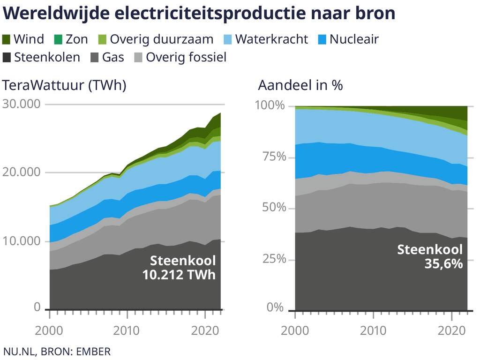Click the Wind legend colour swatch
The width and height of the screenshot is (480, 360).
coord(7,39)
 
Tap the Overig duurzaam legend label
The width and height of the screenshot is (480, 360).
coord(161,39)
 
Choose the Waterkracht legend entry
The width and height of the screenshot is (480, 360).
coord(271,39)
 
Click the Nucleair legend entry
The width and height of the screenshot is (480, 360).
coord(354,39)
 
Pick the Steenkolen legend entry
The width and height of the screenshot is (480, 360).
coord(47,57)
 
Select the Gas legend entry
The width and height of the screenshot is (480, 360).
coord(113,57)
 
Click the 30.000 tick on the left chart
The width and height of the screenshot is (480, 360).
coord(22,104)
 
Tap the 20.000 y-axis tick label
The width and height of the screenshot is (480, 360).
coord(22,172)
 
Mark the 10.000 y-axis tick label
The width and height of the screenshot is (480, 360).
coord(22,241)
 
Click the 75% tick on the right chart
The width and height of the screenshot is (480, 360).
coord(270,156)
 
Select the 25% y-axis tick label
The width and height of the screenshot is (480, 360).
coord(270,258)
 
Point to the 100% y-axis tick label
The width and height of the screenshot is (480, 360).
coord(270,105)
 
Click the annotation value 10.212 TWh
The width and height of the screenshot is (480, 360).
coord(179,274)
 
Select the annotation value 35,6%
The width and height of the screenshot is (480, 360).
coord(443,264)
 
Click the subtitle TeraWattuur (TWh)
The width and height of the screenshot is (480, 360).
coord(65,85)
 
